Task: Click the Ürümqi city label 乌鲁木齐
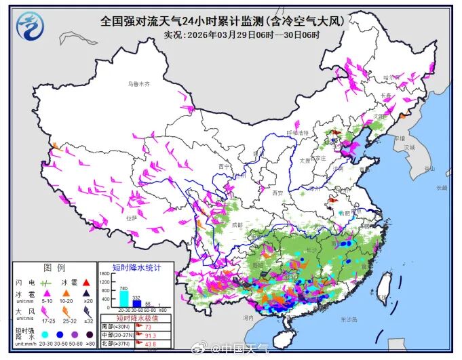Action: coord(138,83)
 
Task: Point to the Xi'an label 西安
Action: coord(276,193)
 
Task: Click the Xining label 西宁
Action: coord(225,166)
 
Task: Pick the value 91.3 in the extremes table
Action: coord(151,335)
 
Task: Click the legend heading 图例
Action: coord(54,267)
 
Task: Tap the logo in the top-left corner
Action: coord(28,26)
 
